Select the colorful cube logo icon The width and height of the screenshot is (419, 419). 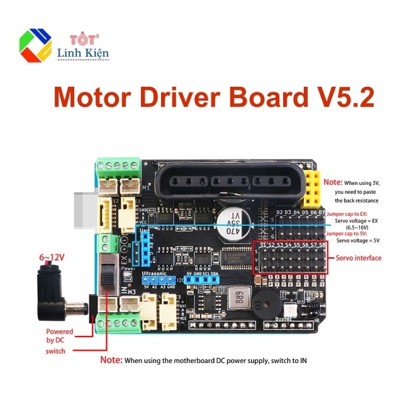tap(36, 45)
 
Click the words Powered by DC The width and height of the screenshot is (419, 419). tap(59, 336)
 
